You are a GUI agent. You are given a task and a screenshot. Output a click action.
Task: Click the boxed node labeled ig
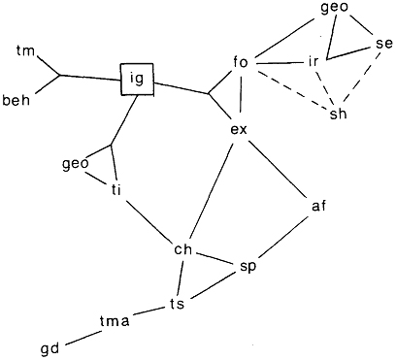[x=137, y=80]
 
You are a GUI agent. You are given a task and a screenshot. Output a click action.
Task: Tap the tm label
[x=26, y=51]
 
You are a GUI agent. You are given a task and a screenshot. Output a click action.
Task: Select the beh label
[x=16, y=100]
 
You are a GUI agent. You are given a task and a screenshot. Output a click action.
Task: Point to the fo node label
[x=240, y=62]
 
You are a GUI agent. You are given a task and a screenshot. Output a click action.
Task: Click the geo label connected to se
[x=334, y=9]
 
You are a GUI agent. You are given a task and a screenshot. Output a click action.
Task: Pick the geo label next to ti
[x=76, y=164]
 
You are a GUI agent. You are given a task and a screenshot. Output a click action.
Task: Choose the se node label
[x=383, y=44]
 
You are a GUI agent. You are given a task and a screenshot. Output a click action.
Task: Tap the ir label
[x=313, y=61]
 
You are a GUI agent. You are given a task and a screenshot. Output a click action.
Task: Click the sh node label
[x=338, y=114]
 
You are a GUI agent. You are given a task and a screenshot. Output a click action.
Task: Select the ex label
[x=239, y=130]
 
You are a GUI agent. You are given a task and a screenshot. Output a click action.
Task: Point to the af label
[x=318, y=206]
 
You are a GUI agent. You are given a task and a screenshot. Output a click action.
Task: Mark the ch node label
[x=183, y=249]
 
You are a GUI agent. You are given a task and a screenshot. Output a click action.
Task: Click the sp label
[x=248, y=267]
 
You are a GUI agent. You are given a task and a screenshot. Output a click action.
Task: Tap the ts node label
[x=177, y=304]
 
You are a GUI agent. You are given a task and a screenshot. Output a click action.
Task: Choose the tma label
[x=115, y=321]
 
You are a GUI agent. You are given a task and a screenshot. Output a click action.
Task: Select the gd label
[x=50, y=349]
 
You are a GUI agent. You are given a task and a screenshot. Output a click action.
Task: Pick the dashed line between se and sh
[x=361, y=77]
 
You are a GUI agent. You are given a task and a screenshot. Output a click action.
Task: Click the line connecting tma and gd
[x=82, y=338]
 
